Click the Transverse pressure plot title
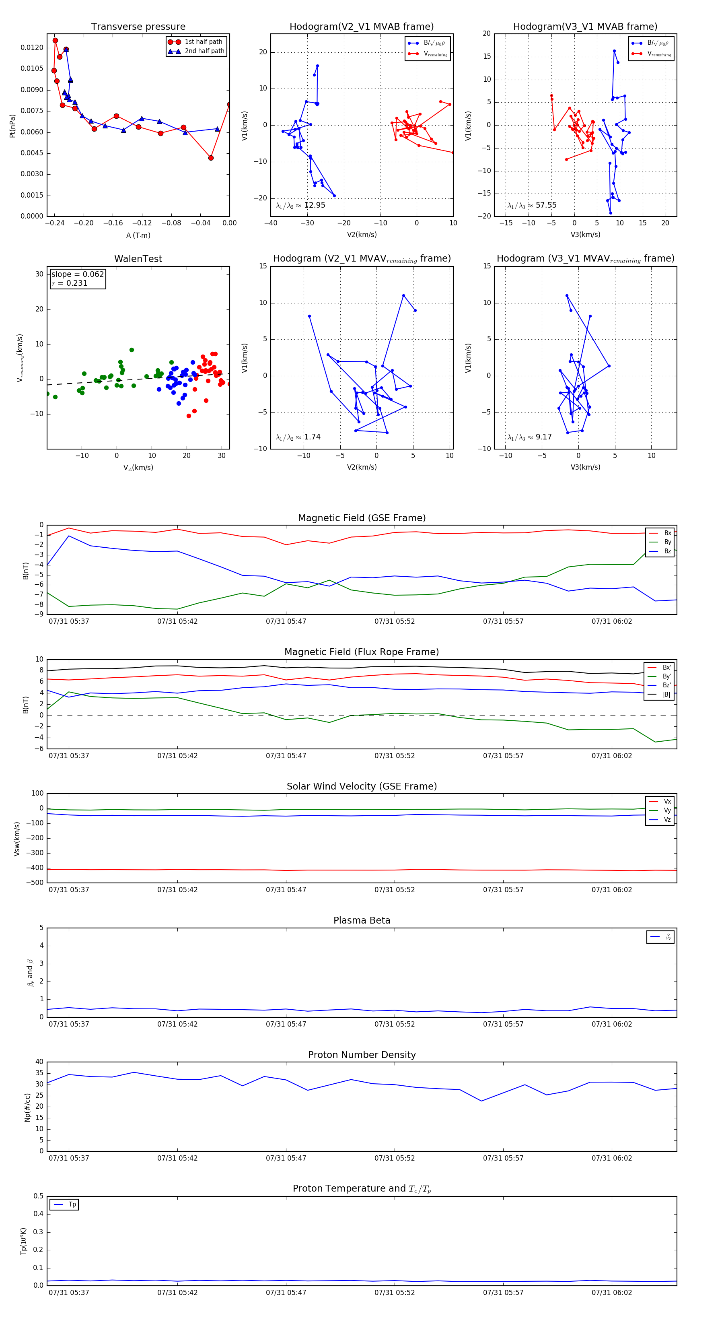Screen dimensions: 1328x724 [138, 27]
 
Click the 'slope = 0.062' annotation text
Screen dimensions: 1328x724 [77, 274]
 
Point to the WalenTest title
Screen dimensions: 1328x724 [138, 259]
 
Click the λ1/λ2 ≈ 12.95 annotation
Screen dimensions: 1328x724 [300, 205]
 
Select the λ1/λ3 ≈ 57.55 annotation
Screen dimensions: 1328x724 [532, 205]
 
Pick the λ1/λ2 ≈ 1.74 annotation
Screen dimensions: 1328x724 [298, 437]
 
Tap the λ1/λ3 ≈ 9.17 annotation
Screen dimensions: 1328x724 [530, 437]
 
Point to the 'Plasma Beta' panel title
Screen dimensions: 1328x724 [362, 921]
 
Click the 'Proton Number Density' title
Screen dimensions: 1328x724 [362, 1055]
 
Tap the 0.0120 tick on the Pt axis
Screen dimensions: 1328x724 [32, 47]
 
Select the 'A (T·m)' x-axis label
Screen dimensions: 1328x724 [138, 235]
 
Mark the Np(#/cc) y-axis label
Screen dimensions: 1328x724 [27, 1107]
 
